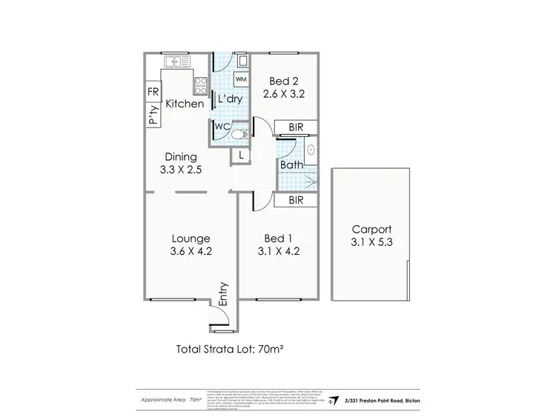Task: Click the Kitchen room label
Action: [x=185, y=104]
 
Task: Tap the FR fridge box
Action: [x=153, y=93]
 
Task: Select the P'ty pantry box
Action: [x=153, y=115]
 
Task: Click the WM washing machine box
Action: [x=241, y=79]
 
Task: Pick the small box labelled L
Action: [x=241, y=155]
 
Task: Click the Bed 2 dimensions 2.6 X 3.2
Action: [x=284, y=94]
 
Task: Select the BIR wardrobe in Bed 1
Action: [x=296, y=199]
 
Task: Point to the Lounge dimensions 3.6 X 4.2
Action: [x=191, y=251]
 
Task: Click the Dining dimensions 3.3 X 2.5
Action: [x=180, y=170]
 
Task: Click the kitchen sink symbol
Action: [x=175, y=62]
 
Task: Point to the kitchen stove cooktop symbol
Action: [x=200, y=85]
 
